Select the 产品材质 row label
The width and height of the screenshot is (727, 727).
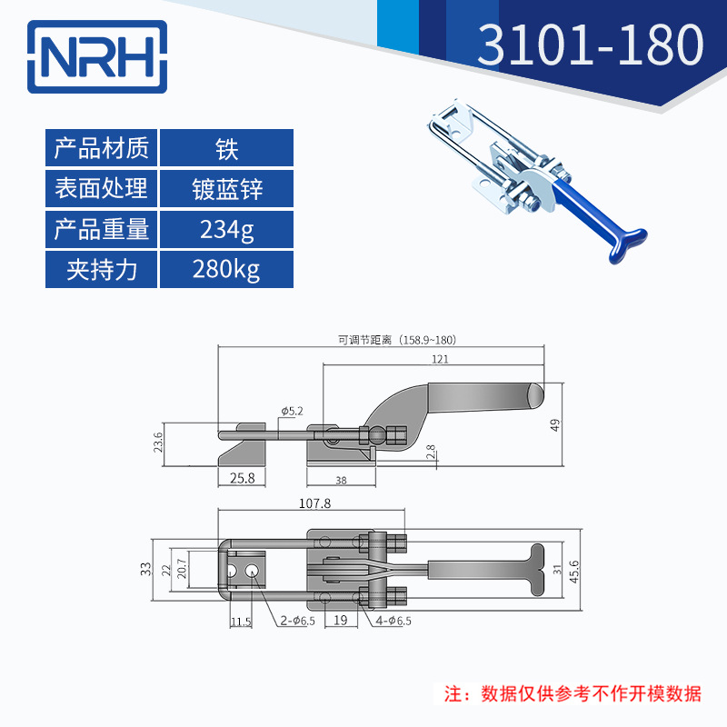pos(102,147)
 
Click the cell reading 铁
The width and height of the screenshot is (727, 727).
pos(226,147)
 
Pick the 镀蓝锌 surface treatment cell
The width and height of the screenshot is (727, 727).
pos(226,188)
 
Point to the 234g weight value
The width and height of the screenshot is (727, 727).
pos(226,229)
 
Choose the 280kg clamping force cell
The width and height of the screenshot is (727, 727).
pos(226,270)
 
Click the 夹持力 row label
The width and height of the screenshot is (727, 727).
pos(102,270)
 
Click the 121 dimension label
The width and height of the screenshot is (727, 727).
pos(441,360)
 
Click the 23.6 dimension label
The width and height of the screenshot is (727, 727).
pos(158,443)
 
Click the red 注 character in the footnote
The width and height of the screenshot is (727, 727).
pos(452,694)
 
